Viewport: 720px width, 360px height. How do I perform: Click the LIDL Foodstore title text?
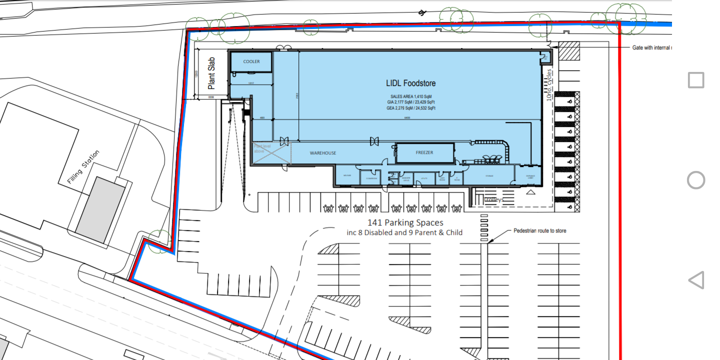410,83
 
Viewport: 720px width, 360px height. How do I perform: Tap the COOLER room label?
251,61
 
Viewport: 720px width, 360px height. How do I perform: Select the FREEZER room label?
424,152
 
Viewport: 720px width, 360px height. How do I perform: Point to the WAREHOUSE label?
322,153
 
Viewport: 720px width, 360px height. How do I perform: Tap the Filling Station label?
84,166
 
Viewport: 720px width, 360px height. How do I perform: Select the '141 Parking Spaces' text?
405,223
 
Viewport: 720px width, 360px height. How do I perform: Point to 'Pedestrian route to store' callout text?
539,231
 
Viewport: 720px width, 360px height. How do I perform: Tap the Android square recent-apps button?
696,80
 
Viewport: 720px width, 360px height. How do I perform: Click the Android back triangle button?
696,280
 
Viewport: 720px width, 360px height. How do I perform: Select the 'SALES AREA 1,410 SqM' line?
410,96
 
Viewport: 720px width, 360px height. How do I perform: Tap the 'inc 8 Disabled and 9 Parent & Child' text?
404,232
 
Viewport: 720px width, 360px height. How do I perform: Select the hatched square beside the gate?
568,50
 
